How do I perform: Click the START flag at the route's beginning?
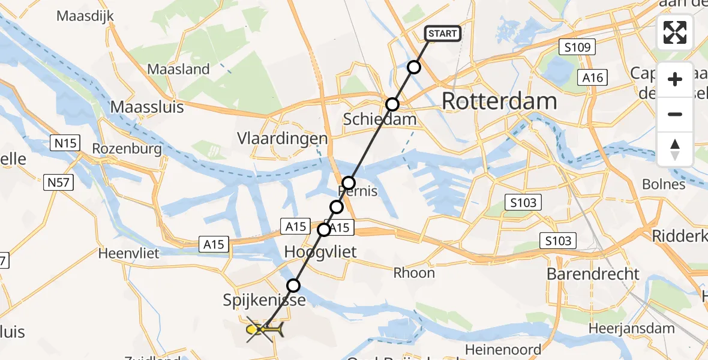(443, 34)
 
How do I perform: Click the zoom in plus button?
(675, 79)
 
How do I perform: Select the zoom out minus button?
(675, 114)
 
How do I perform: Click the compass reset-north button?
(675, 149)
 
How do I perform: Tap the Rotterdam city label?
(499, 101)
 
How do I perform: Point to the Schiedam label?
(379, 119)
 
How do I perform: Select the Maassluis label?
(147, 107)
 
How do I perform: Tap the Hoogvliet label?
(320, 251)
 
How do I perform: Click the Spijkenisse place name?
(265, 299)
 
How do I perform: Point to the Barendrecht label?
(593, 274)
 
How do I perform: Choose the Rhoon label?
(414, 273)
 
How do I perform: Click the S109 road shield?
(577, 47)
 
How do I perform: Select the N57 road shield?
(58, 182)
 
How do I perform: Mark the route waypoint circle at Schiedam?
(392, 104)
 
